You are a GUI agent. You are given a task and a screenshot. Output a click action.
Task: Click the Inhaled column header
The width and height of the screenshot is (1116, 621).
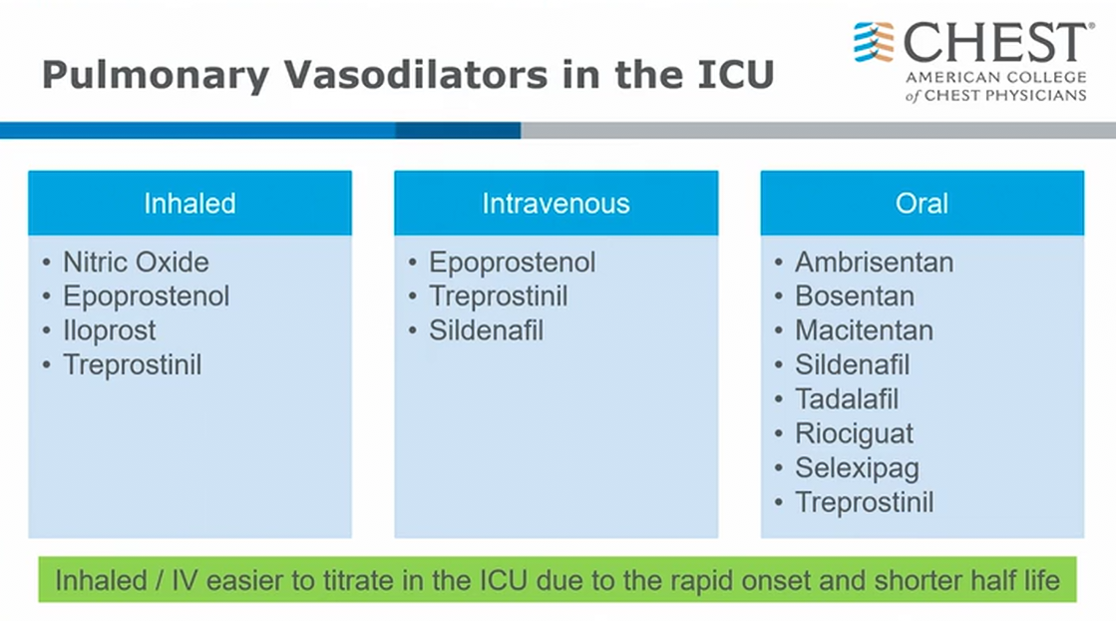190,204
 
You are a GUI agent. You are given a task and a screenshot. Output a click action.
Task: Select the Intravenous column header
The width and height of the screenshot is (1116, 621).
556,204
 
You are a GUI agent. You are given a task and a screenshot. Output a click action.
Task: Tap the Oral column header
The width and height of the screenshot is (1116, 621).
922,204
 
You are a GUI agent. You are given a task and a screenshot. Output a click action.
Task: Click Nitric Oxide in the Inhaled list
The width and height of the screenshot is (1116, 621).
136,262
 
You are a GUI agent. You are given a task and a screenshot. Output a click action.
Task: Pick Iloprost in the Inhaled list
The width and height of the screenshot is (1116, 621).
109,331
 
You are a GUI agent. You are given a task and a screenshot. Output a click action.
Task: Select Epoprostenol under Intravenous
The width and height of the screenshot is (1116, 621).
512,263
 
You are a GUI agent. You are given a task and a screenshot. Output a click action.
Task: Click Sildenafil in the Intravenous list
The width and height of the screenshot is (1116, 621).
486,330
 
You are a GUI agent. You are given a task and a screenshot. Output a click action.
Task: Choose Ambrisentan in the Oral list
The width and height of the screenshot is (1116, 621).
874,262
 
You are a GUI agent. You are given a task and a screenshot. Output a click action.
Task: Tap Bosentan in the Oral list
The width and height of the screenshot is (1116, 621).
854,297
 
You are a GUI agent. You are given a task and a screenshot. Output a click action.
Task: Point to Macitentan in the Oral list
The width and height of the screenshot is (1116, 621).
864,330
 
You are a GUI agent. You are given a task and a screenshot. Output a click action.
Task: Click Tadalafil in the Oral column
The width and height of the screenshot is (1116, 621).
847,398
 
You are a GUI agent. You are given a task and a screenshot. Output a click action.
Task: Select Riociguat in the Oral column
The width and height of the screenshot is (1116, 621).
854,433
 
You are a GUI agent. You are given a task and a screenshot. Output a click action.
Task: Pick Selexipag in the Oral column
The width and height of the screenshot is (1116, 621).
857,468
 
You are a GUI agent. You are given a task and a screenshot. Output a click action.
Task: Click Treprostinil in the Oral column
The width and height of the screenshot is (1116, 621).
864,503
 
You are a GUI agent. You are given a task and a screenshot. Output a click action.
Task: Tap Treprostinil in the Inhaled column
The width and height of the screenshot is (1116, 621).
133,365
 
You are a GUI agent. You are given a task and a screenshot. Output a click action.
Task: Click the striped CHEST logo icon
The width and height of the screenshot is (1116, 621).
874,42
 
